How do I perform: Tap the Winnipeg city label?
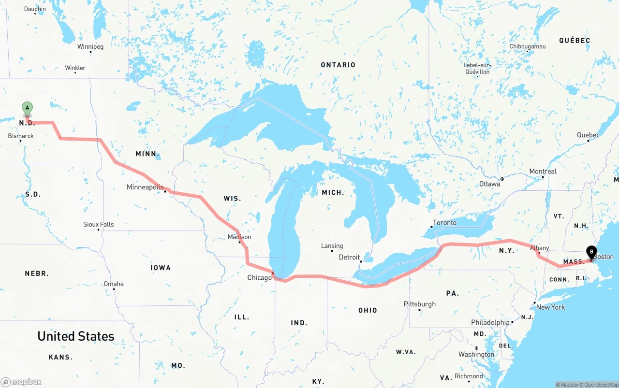click(x=90, y=47)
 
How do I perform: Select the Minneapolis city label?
click(x=145, y=187)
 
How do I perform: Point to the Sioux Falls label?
click(x=99, y=224)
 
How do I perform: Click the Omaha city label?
click(x=114, y=284)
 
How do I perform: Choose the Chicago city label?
click(x=260, y=278)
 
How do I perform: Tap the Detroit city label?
click(x=349, y=257)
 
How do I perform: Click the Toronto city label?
click(x=444, y=223)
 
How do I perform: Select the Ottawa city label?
click(x=489, y=184)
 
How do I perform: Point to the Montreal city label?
click(x=543, y=172)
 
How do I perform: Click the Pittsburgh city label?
click(x=420, y=304)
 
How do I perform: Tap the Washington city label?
click(x=476, y=354)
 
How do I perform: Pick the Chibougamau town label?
click(x=527, y=46)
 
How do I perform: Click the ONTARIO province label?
click(x=338, y=65)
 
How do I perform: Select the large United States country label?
click(x=76, y=336)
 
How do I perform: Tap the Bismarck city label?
click(x=21, y=136)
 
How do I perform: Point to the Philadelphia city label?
click(x=490, y=322)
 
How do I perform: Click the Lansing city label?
click(x=332, y=246)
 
